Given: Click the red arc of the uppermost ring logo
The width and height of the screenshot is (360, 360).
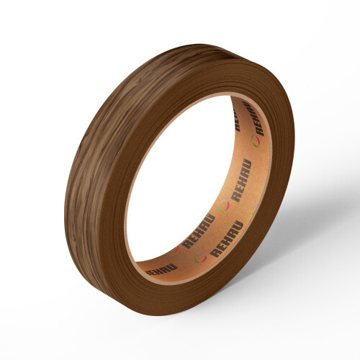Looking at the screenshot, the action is (x=258, y=142).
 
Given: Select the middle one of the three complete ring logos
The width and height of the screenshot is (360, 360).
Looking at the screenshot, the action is (x=224, y=206).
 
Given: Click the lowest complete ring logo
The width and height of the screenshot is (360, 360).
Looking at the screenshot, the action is (x=200, y=258).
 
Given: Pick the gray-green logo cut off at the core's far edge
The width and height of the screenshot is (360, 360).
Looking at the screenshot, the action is (x=254, y=210).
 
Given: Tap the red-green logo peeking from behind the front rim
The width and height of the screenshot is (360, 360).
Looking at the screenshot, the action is (x=174, y=250).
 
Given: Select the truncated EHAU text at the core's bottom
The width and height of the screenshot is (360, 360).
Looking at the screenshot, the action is (x=161, y=269).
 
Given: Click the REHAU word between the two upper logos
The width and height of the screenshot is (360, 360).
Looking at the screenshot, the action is (x=240, y=180).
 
